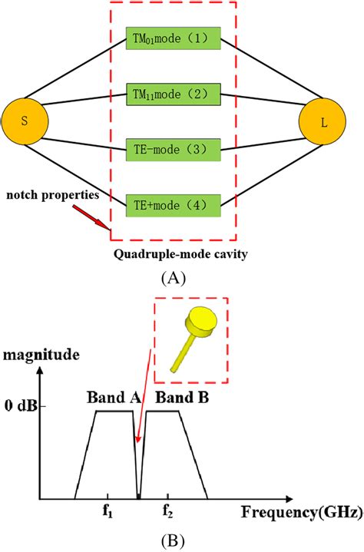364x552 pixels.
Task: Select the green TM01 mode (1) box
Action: click(x=174, y=38)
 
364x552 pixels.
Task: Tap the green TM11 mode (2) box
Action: click(x=174, y=93)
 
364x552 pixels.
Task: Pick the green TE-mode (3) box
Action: click(x=174, y=148)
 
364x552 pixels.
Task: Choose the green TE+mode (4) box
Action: click(x=174, y=203)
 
